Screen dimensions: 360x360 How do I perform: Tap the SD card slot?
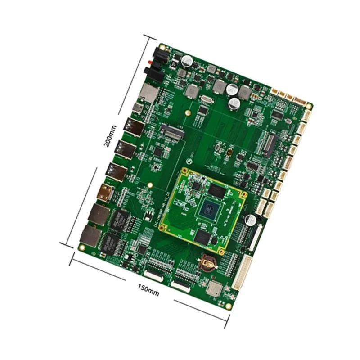click(149, 92)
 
